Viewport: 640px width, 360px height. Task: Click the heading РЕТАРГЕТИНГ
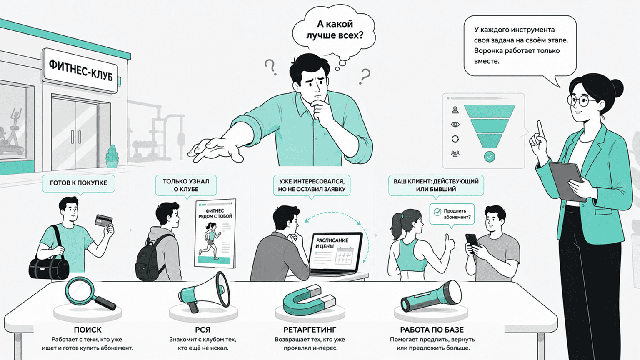pos(310,330)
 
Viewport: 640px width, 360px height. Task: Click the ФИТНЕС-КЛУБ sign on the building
pos(81,70)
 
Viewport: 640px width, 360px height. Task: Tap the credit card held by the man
pos(103,220)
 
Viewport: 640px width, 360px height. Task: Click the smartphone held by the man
pos(472,243)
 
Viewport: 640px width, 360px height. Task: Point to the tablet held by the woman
pos(567,180)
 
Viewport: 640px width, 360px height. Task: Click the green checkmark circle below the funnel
pos(490,157)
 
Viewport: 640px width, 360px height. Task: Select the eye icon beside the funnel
pos(455,125)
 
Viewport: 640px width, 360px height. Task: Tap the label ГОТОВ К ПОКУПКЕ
pos(78,183)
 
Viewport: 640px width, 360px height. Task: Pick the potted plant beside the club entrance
pos(112,156)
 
